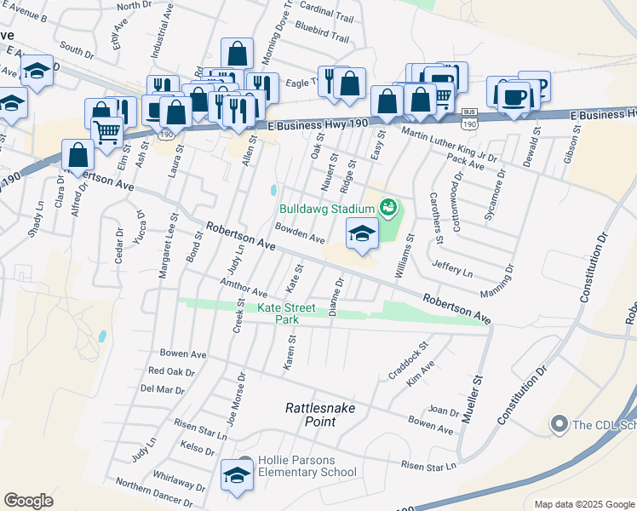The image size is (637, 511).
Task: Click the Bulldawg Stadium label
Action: pos(327,209)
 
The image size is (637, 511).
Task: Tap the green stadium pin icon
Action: pos(388,207)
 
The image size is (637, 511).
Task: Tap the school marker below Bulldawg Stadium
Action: pos(362,235)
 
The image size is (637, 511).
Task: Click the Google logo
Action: pos(28,501)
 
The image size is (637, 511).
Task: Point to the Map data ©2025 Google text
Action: pos(583,504)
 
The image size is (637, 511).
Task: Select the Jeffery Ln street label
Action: pos(451,267)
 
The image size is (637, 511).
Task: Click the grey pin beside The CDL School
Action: pos(559,423)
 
